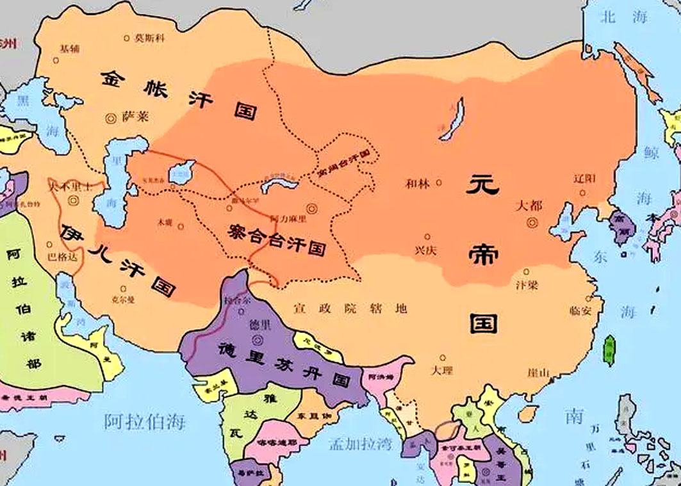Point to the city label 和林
point(417,183)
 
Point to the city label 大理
point(443,369)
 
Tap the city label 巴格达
point(62,259)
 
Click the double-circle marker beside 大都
point(532,223)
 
